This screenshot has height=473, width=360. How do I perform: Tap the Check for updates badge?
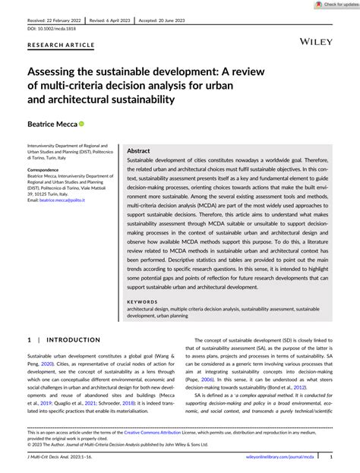click(335, 5)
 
